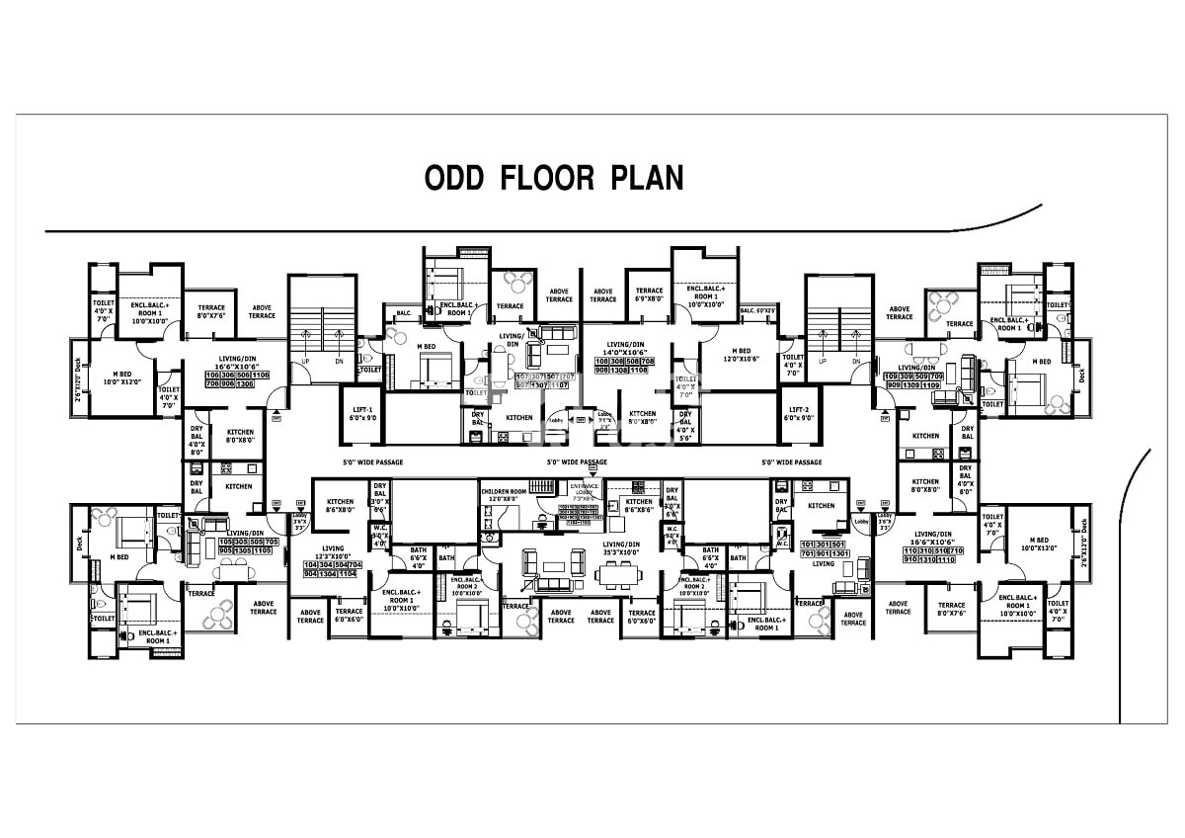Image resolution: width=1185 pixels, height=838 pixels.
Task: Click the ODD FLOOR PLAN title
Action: (553, 178)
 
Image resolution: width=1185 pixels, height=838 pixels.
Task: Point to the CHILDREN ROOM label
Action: (505, 494)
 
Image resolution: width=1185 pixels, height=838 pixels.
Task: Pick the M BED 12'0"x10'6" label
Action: (741, 355)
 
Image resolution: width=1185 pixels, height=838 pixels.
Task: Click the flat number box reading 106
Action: (211, 376)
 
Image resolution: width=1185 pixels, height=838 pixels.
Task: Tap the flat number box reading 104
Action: (312, 564)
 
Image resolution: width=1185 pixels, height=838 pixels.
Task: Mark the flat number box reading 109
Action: (895, 377)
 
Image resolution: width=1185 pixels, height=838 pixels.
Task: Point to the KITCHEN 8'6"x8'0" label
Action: (341, 506)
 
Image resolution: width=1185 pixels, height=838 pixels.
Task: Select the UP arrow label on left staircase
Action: (304, 362)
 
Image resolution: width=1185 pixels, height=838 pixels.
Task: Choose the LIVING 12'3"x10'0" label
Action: (332, 551)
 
